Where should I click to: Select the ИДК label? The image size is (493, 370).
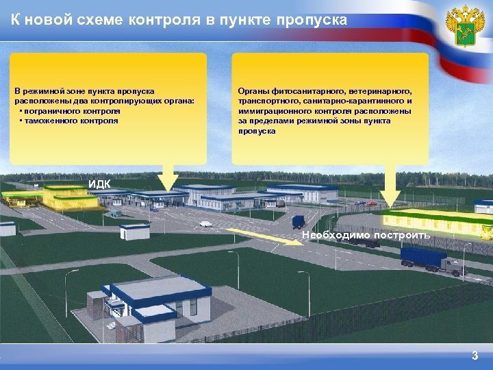(99, 183)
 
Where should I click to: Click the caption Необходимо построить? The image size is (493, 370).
(366, 235)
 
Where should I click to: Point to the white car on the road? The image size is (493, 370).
(205, 223)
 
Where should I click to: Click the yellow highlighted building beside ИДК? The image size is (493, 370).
(68, 197)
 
